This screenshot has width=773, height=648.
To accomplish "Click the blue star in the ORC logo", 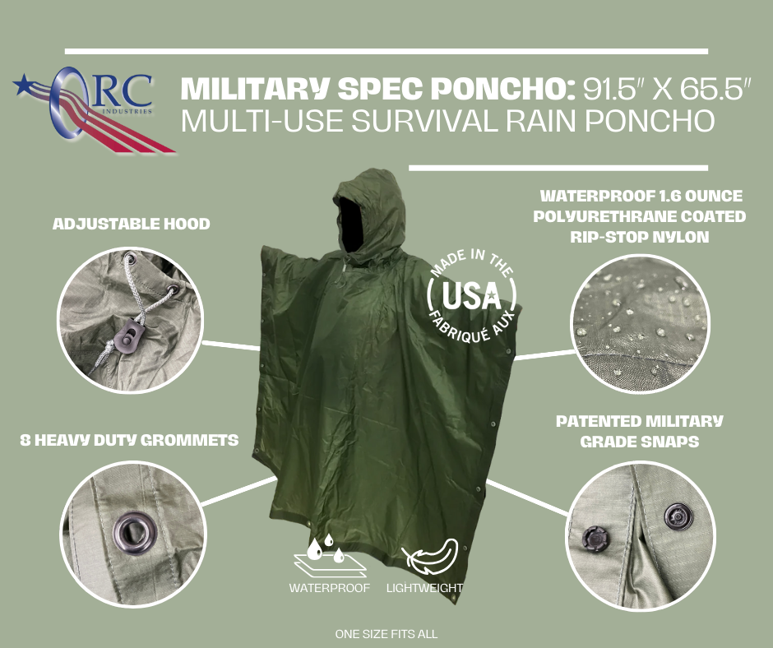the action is (23, 84).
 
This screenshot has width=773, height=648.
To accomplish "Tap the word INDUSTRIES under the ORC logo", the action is (127, 112).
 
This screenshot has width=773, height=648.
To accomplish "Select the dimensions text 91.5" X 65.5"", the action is (667, 89).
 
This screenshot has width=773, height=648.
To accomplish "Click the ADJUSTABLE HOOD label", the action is (131, 224).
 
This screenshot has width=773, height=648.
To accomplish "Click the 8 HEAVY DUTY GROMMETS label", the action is (129, 440).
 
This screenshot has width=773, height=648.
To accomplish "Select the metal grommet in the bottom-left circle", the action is (134, 533).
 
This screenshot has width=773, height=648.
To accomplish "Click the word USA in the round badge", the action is (471, 296).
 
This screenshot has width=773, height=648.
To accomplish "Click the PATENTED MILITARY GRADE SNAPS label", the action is (640, 431).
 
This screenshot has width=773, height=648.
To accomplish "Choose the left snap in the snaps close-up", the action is (594, 538).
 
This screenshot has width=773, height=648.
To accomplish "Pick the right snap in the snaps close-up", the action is (678, 516).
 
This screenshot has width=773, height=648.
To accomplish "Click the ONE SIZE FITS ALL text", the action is (386, 634).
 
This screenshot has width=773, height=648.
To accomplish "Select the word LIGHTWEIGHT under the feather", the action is (424, 588).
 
